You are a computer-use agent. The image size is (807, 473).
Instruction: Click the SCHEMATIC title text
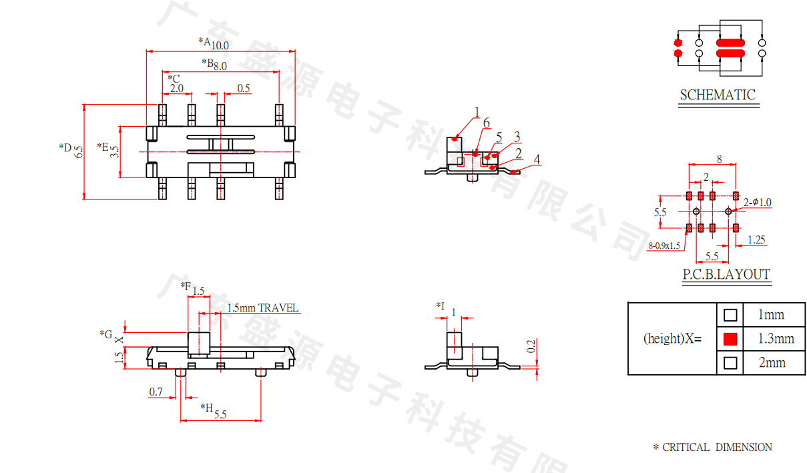718,95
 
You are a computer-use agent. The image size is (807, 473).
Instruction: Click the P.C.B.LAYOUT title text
726,274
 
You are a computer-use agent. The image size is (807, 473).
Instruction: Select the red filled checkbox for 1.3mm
731,339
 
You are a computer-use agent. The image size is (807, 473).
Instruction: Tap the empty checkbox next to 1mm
731,314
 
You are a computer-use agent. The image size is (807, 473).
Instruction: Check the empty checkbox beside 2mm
731,363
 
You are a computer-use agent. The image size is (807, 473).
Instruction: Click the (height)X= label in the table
672,338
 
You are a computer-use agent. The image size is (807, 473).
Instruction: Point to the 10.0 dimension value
220,45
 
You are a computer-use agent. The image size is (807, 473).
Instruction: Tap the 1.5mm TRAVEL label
263,308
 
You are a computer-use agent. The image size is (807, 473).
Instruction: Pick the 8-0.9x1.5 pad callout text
664,246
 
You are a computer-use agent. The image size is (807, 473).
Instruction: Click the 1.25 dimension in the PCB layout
756,240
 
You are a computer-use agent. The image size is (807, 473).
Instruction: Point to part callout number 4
537,159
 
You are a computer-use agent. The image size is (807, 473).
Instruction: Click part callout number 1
477,111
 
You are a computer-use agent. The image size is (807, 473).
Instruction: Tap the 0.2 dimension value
531,346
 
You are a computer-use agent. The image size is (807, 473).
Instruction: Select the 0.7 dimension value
156,392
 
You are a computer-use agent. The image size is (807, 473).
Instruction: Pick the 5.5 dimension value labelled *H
220,414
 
